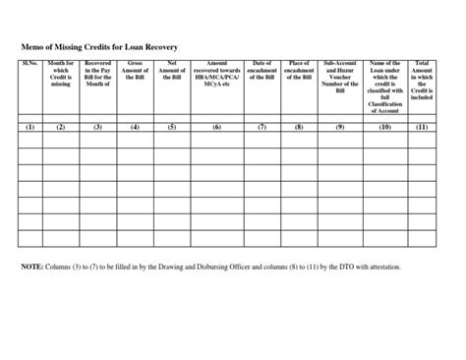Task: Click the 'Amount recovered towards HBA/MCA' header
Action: click(x=216, y=75)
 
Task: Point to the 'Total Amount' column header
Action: click(x=422, y=81)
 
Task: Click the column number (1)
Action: click(x=29, y=127)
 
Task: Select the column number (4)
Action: click(x=135, y=127)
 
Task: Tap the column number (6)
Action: click(x=216, y=127)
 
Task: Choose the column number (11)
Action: click(x=422, y=127)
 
